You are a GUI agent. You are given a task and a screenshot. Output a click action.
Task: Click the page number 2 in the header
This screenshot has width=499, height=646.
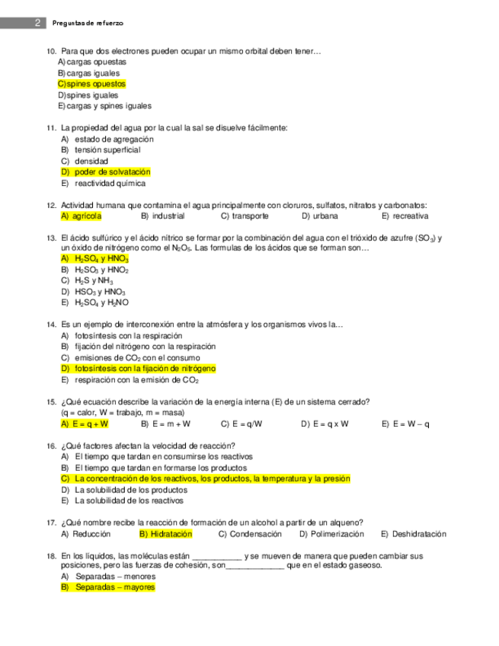click(x=37, y=24)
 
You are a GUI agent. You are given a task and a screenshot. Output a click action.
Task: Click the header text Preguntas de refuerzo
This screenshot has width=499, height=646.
click(x=88, y=24)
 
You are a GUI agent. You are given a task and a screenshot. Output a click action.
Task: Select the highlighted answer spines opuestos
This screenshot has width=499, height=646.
click(x=91, y=84)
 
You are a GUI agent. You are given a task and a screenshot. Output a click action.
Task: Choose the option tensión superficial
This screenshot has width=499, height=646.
click(x=107, y=150)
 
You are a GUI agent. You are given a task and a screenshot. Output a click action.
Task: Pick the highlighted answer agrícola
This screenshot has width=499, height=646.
click(x=81, y=216)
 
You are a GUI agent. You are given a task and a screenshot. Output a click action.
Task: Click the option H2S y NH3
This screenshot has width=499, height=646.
click(x=93, y=281)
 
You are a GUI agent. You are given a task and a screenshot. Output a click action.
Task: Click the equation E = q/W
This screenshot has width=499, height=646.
click(x=242, y=424)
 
